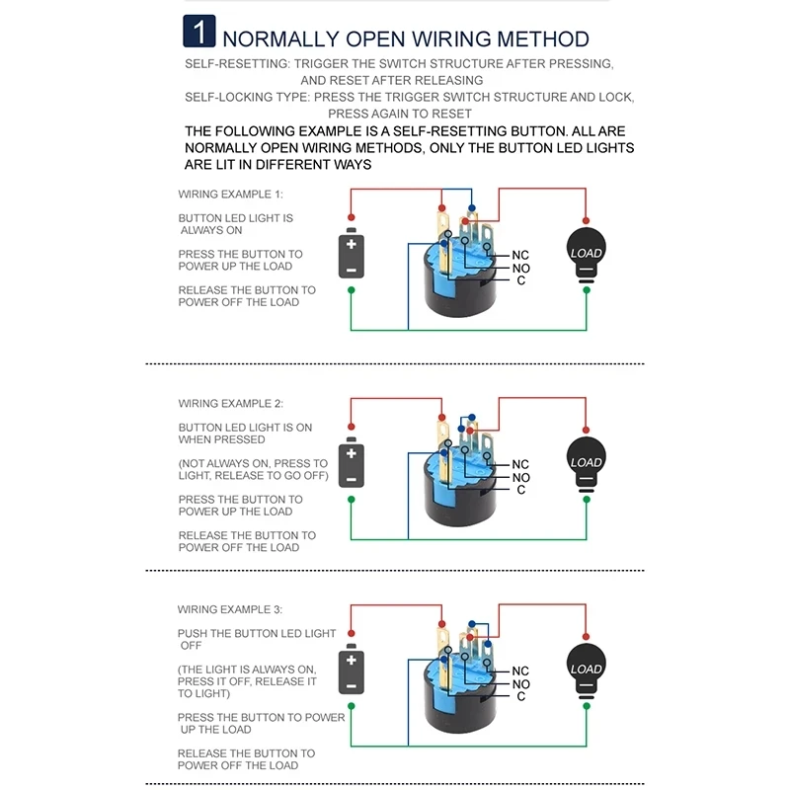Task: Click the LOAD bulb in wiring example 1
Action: click(586, 255)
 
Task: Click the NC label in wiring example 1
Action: click(520, 255)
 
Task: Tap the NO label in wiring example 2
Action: click(521, 477)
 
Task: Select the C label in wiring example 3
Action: click(520, 696)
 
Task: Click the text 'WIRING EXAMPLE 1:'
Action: click(230, 195)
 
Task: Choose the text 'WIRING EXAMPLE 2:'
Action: click(230, 404)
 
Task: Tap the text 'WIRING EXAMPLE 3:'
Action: click(230, 610)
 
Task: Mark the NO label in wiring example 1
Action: click(520, 268)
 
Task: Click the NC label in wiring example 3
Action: click(520, 671)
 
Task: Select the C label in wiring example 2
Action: click(520, 490)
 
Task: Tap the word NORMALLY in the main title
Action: click(280, 39)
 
